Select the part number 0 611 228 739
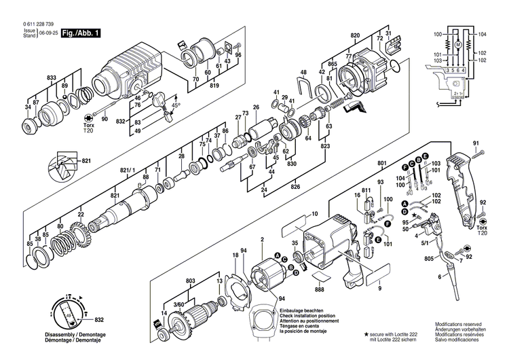[39, 24]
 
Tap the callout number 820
[355, 35]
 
